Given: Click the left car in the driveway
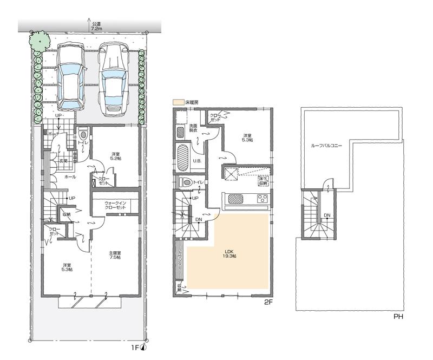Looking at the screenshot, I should pos(71,76).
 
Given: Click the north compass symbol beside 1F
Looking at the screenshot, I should pos(143,347).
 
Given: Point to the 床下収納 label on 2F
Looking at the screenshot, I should pos(262,180).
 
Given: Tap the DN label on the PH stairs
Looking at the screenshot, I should pos(327,215).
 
